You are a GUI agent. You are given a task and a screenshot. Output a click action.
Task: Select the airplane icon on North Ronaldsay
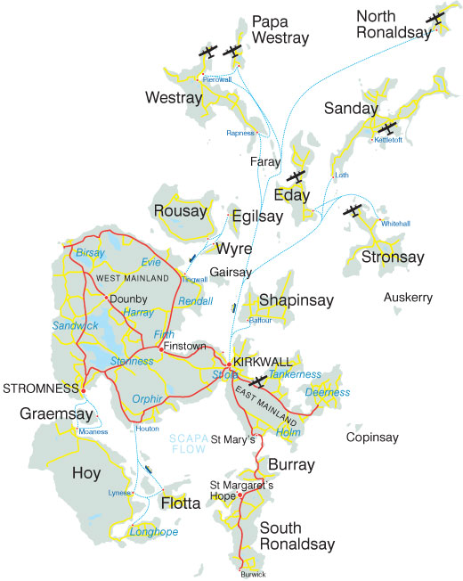[435, 20]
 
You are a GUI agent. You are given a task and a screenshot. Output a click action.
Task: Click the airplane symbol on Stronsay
[353, 211]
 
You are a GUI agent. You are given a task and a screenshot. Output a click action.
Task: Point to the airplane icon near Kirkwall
[258, 381]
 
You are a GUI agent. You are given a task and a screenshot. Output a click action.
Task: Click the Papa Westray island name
[280, 29]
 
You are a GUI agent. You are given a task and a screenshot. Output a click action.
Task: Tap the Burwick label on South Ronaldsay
[253, 575]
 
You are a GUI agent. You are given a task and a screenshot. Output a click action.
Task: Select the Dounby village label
[126, 299]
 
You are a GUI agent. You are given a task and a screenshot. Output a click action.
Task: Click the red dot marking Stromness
[83, 389]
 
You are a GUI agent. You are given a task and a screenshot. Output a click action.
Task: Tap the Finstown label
[184, 345]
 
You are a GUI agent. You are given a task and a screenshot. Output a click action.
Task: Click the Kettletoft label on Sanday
[389, 140]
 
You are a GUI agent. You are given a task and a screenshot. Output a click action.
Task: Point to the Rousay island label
[181, 211]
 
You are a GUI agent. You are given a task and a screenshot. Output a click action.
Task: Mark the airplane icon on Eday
[296, 176]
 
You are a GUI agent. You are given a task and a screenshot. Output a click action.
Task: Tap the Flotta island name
[182, 503]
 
